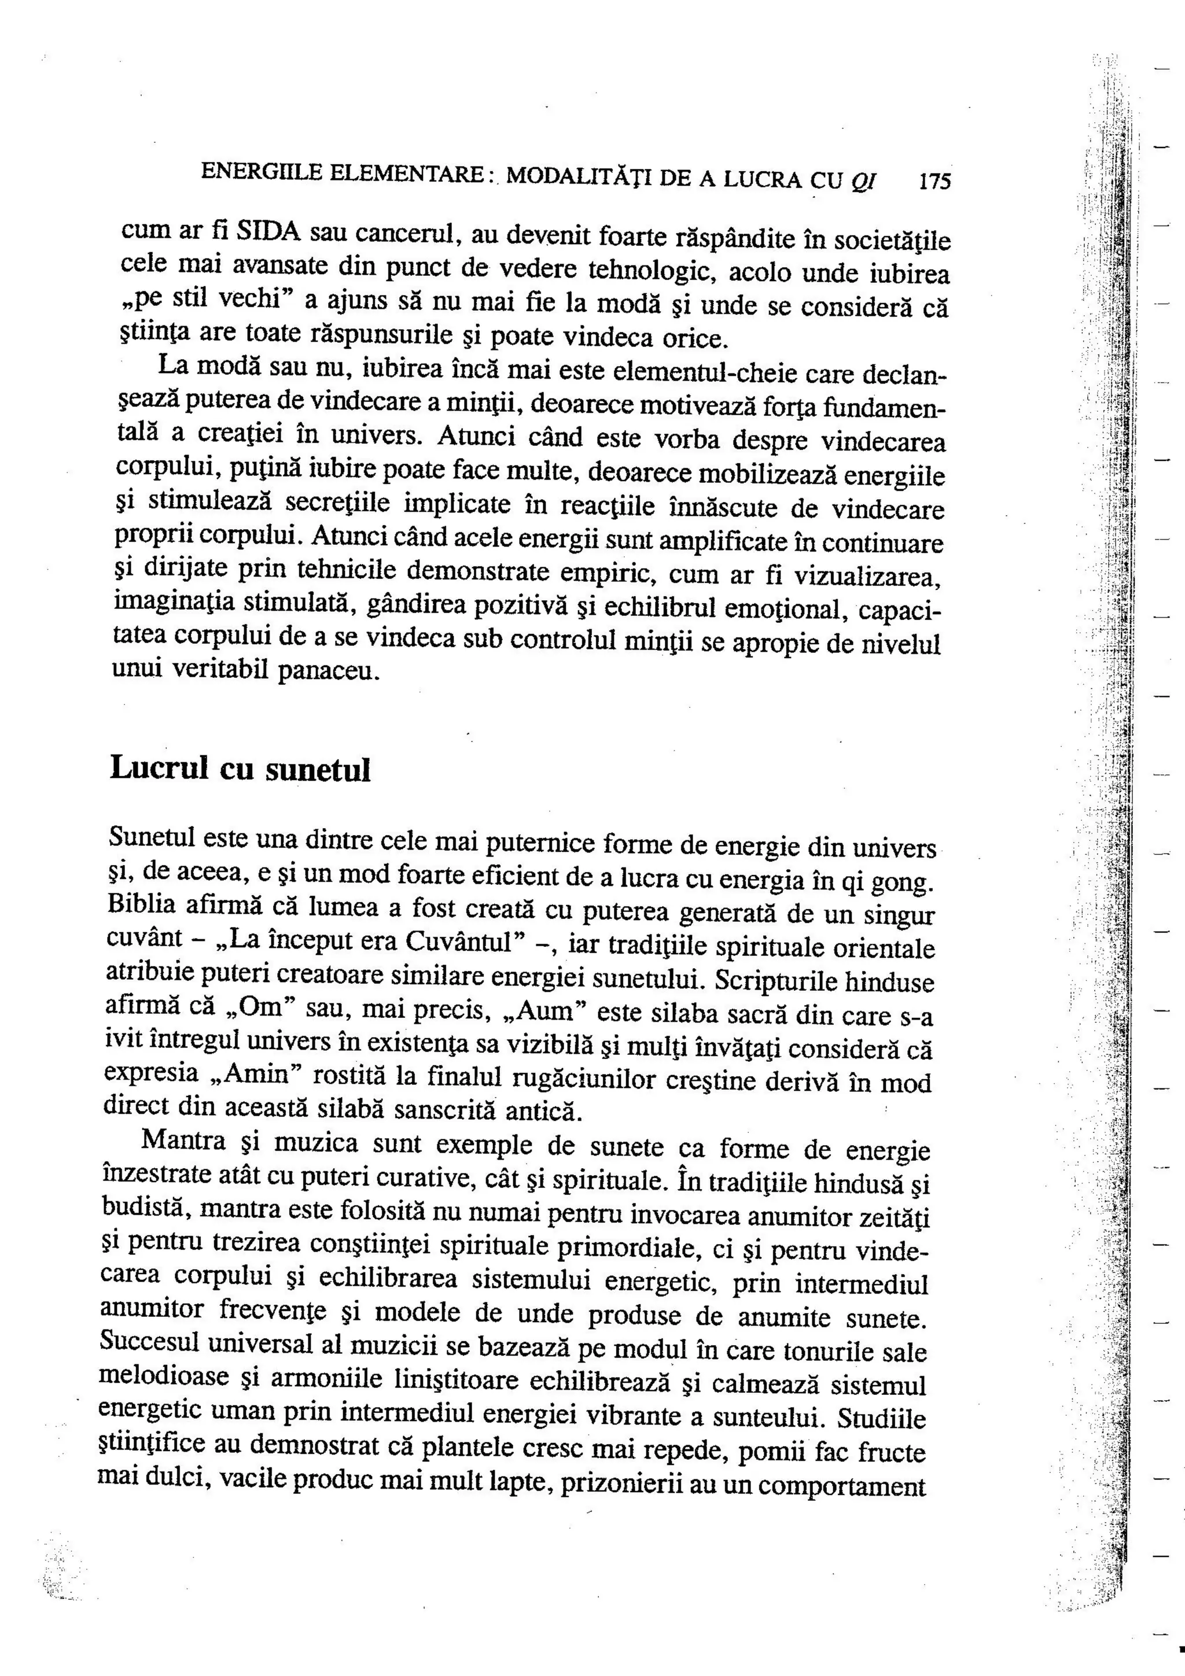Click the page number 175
(x=935, y=180)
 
